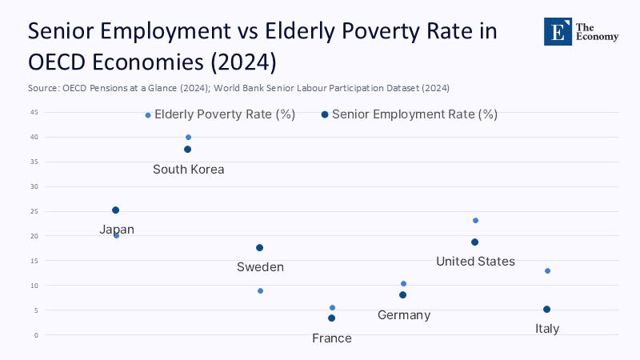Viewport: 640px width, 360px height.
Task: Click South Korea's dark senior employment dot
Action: point(188,150)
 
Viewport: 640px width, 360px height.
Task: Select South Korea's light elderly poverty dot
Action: point(188,137)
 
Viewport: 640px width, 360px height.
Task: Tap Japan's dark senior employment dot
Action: point(115,210)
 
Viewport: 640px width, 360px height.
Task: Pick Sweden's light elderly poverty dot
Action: point(260,290)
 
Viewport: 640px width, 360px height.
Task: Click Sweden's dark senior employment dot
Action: point(259,248)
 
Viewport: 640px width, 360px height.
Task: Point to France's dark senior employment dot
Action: point(331,318)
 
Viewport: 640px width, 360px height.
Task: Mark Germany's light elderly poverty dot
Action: point(403,284)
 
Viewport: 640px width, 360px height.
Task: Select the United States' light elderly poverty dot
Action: point(475,220)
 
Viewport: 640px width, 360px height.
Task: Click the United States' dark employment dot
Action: point(474,242)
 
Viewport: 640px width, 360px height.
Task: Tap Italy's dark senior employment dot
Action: point(546,310)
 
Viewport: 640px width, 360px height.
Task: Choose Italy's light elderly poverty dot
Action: point(547,270)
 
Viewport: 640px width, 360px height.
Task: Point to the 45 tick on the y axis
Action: point(34,112)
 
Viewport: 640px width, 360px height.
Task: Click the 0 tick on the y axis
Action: point(36,334)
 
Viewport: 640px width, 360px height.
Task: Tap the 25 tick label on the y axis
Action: point(34,211)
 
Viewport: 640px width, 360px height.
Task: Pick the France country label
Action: point(332,338)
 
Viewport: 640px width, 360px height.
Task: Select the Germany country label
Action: point(404,315)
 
